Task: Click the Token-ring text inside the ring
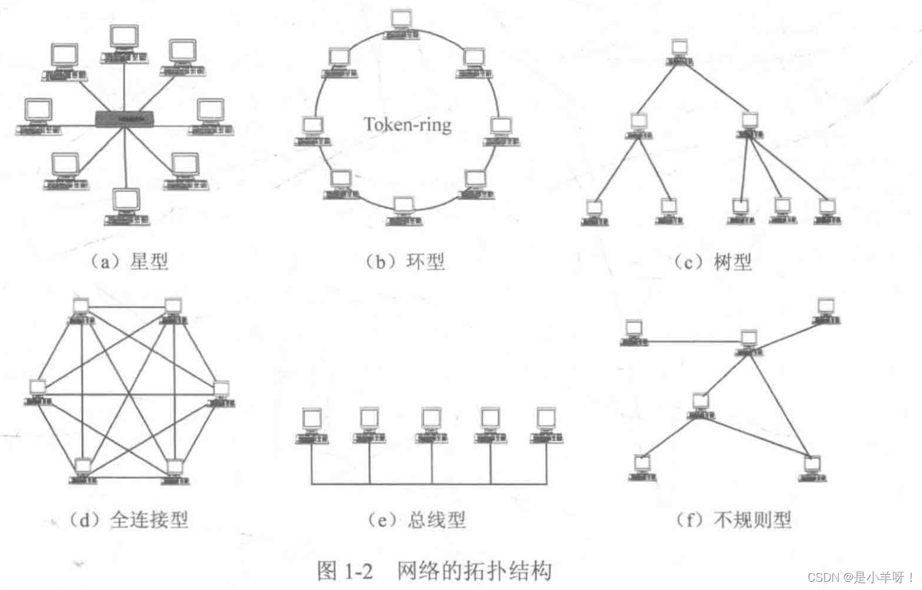408,124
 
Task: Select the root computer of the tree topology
679,51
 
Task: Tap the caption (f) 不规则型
734,520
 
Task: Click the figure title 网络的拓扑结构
473,570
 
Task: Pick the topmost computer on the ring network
401,24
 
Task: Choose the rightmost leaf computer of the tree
827,212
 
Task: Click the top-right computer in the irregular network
826,311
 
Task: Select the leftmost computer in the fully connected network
38,392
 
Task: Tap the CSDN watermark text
861,577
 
